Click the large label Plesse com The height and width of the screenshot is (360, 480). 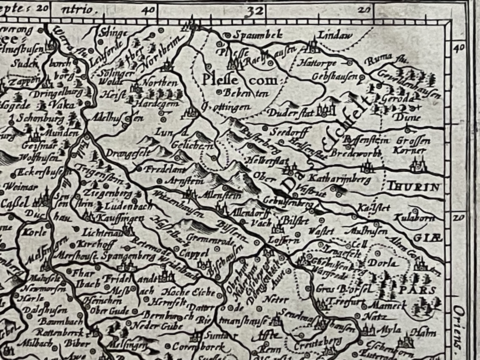[240, 80]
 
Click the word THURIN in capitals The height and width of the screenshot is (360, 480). [414, 187]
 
